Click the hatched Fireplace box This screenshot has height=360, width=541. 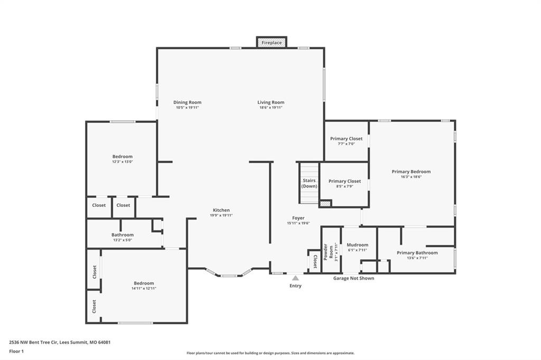point(272,42)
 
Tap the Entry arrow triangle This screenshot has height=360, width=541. point(295,278)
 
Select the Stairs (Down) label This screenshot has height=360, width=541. point(309,183)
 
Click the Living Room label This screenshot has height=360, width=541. point(271,102)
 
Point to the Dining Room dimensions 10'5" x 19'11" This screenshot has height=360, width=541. point(188,108)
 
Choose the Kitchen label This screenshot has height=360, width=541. point(221,210)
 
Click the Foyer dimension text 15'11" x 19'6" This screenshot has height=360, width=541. point(298,223)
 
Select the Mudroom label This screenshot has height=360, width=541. point(358,245)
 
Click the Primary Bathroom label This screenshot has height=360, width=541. point(417,253)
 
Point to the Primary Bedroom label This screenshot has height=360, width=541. point(411,172)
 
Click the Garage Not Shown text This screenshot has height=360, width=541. point(353,278)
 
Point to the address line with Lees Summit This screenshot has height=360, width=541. point(60,343)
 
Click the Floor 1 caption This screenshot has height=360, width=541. point(16,352)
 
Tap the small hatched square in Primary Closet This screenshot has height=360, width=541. point(325,203)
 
